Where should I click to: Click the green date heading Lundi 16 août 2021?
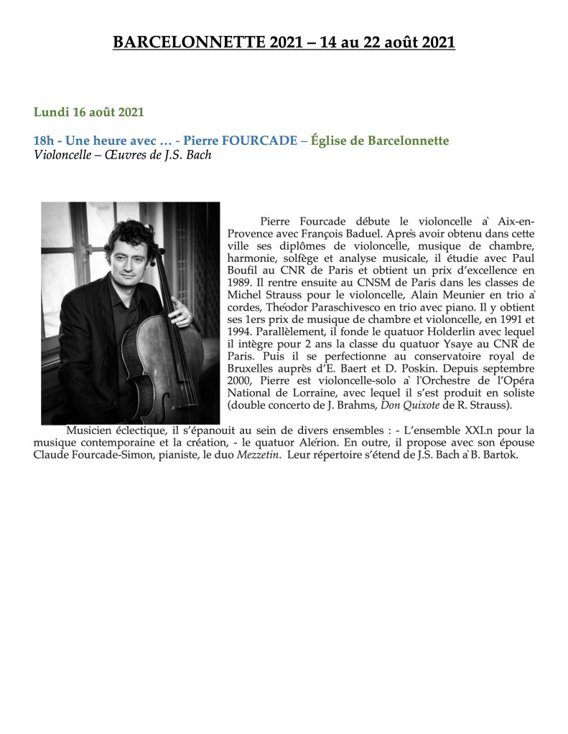(x=89, y=112)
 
